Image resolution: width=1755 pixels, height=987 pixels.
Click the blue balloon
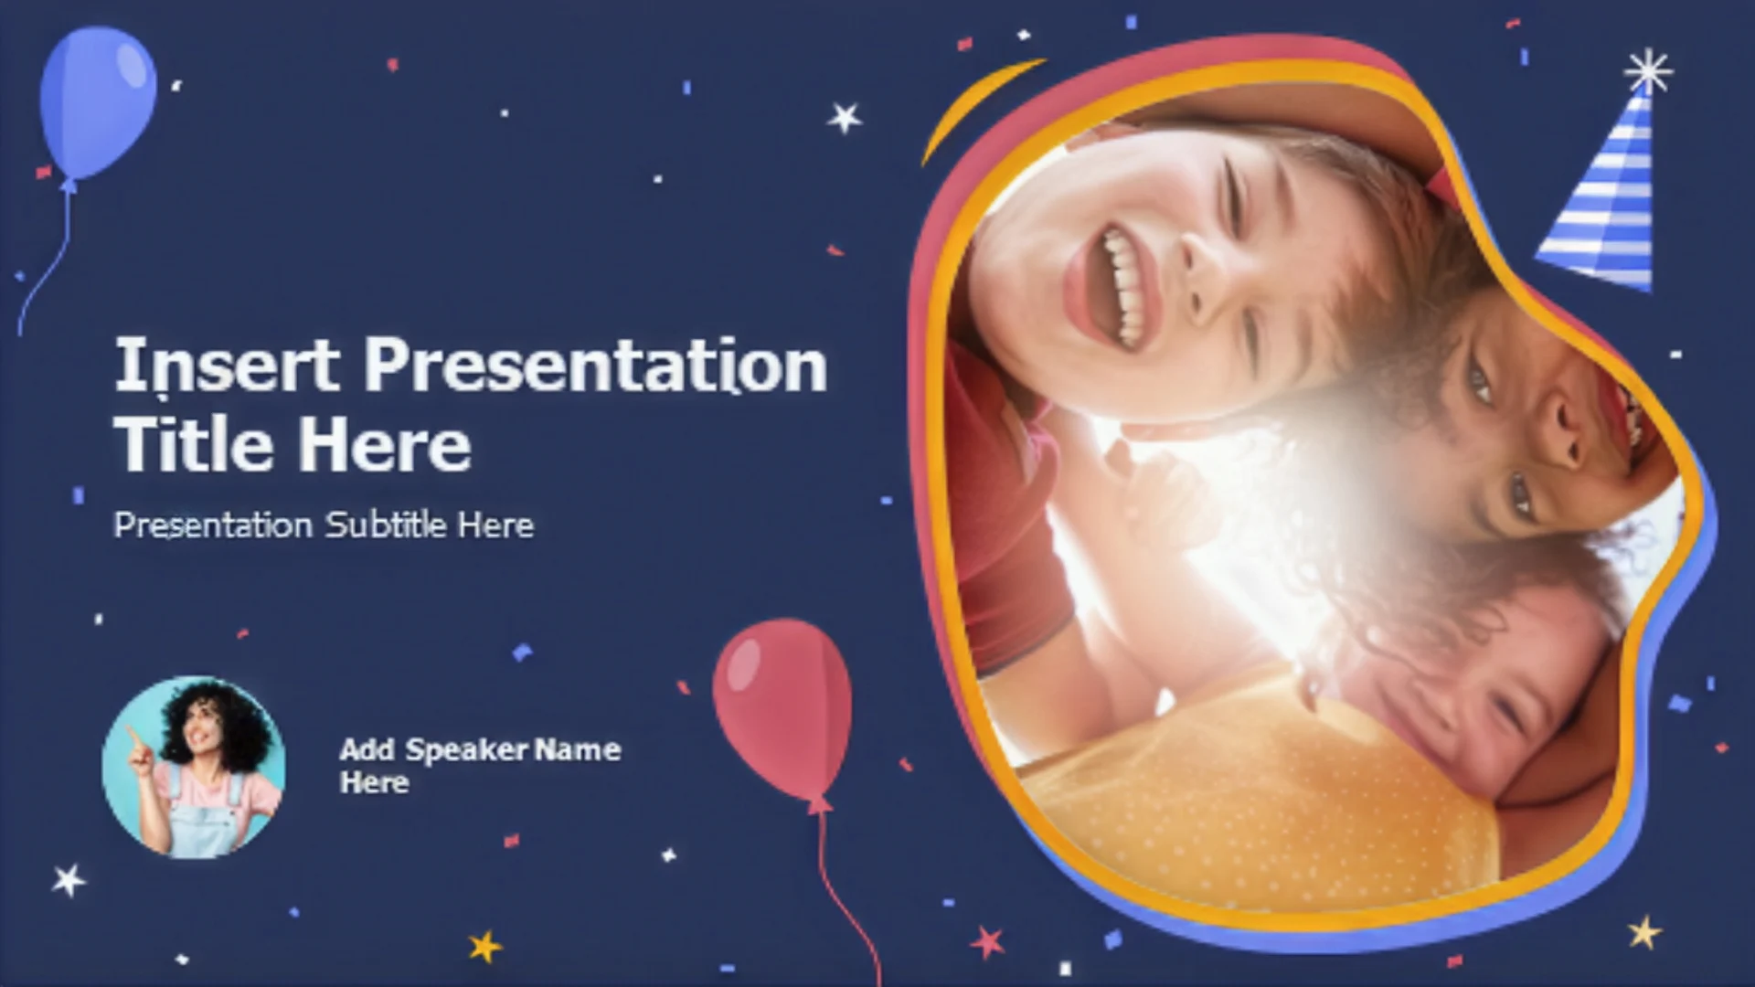[x=97, y=102]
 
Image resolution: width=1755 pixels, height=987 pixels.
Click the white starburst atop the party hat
[x=1648, y=71]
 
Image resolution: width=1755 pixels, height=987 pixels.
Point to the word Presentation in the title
[x=596, y=366]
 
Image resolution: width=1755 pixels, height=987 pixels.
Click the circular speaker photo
[x=194, y=768]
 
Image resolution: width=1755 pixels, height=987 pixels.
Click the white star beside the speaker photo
[x=69, y=880]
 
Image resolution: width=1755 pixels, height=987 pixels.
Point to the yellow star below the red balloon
[x=485, y=946]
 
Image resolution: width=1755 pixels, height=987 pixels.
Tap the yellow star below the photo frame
[x=1644, y=933]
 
